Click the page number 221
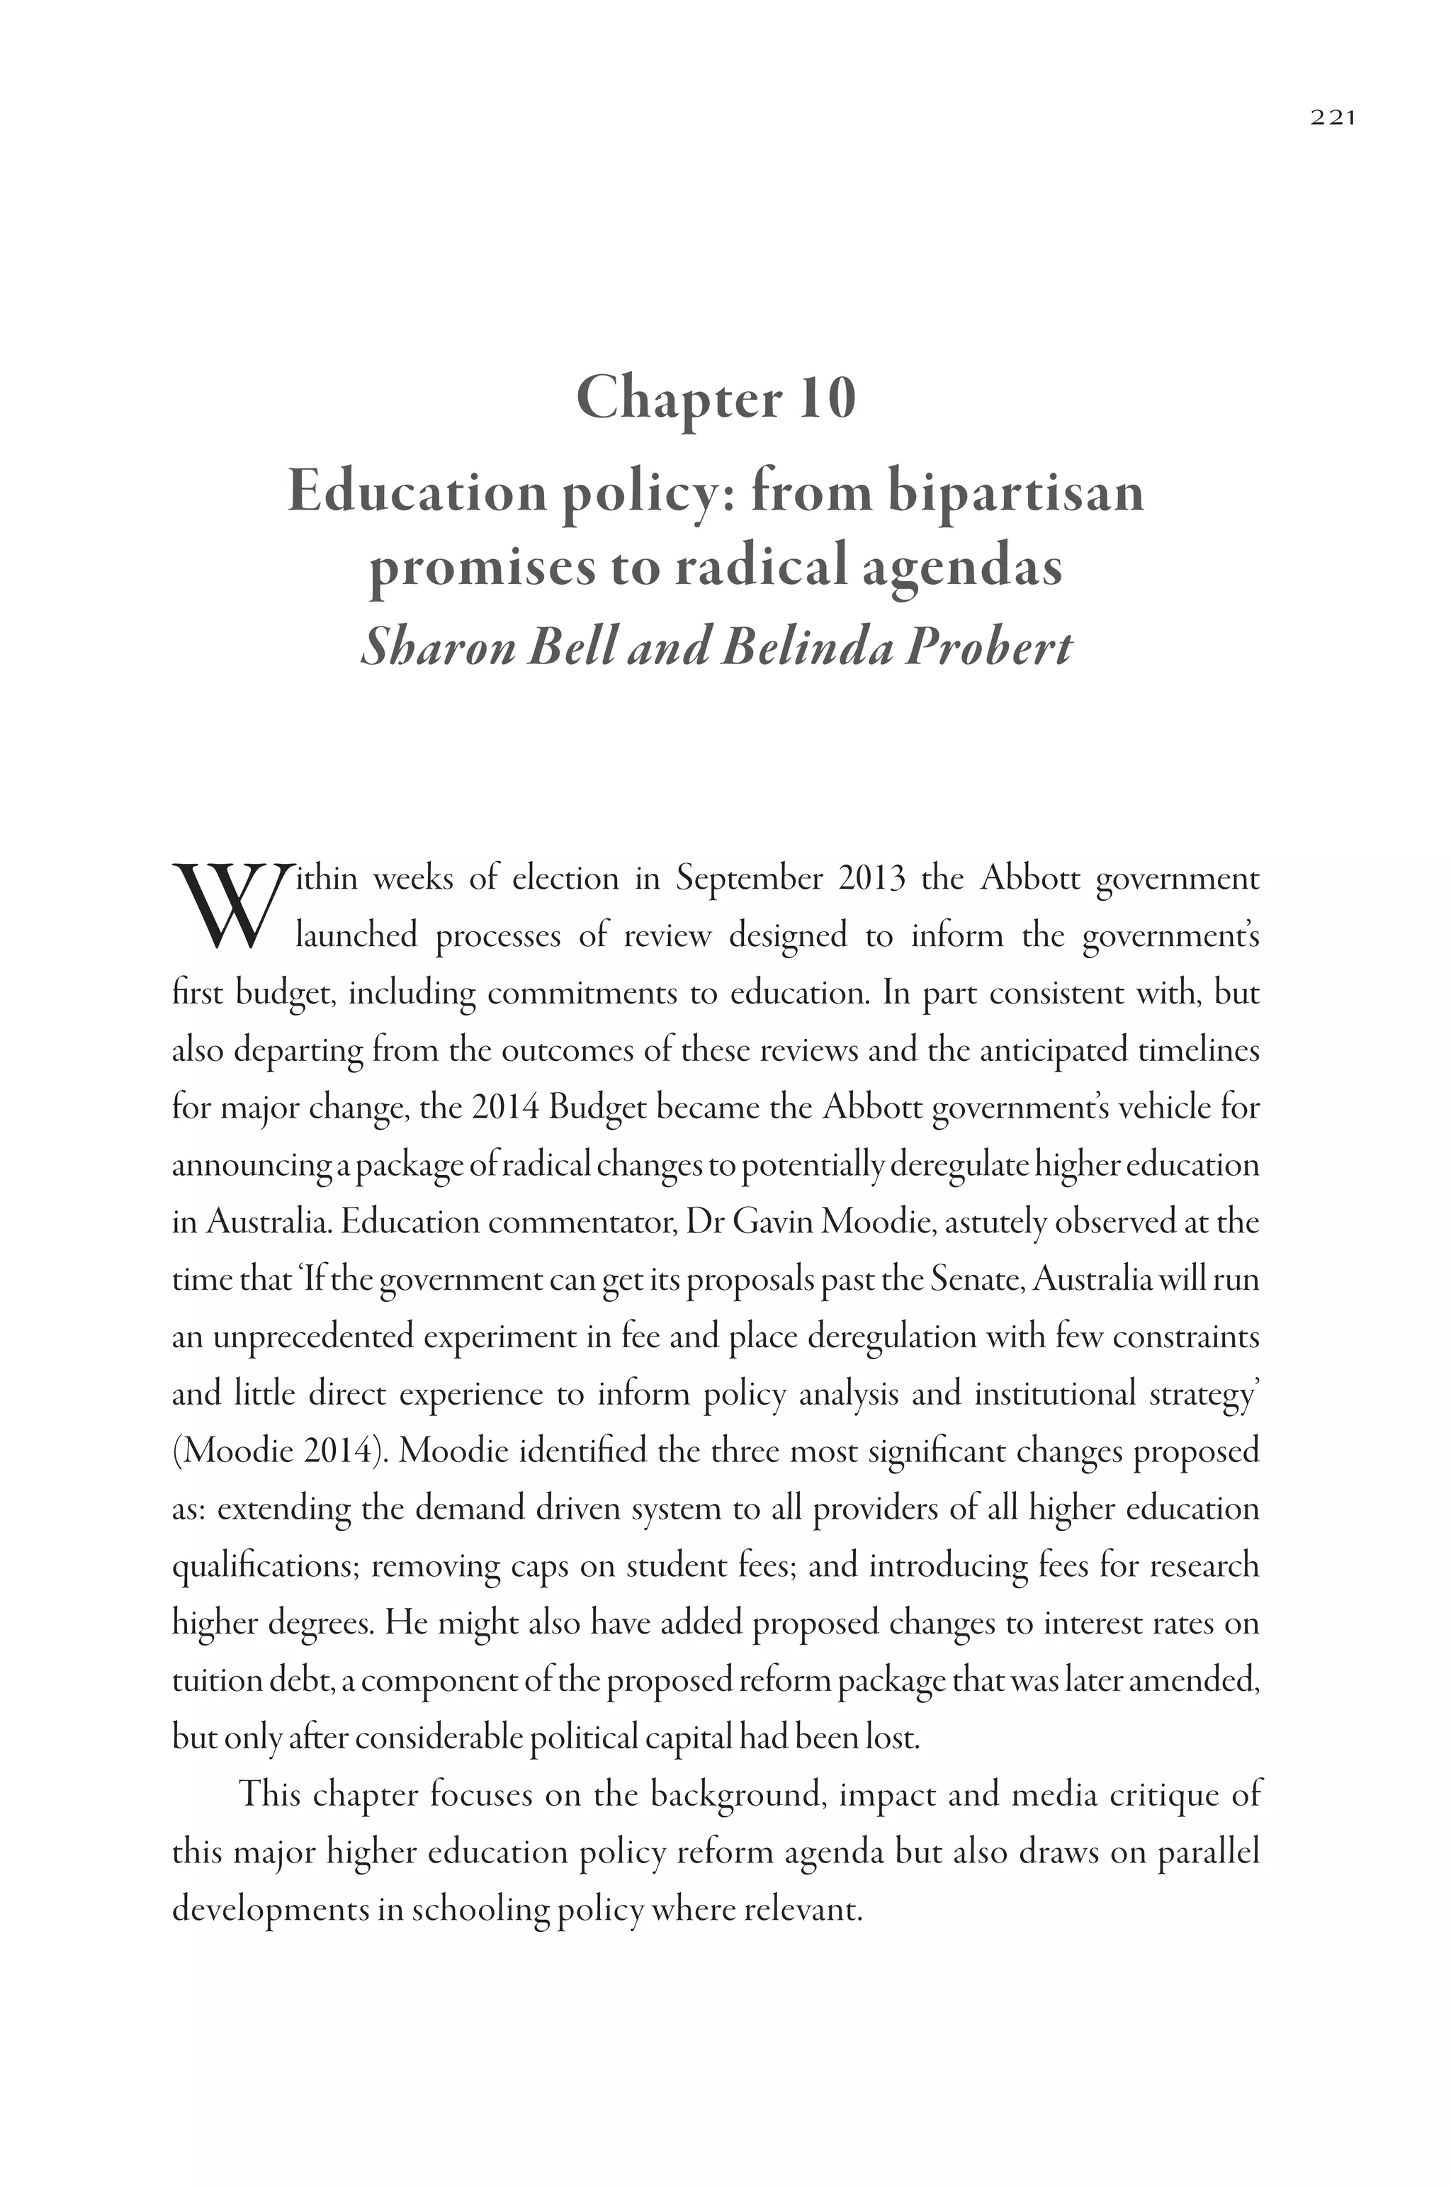[1333, 118]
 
